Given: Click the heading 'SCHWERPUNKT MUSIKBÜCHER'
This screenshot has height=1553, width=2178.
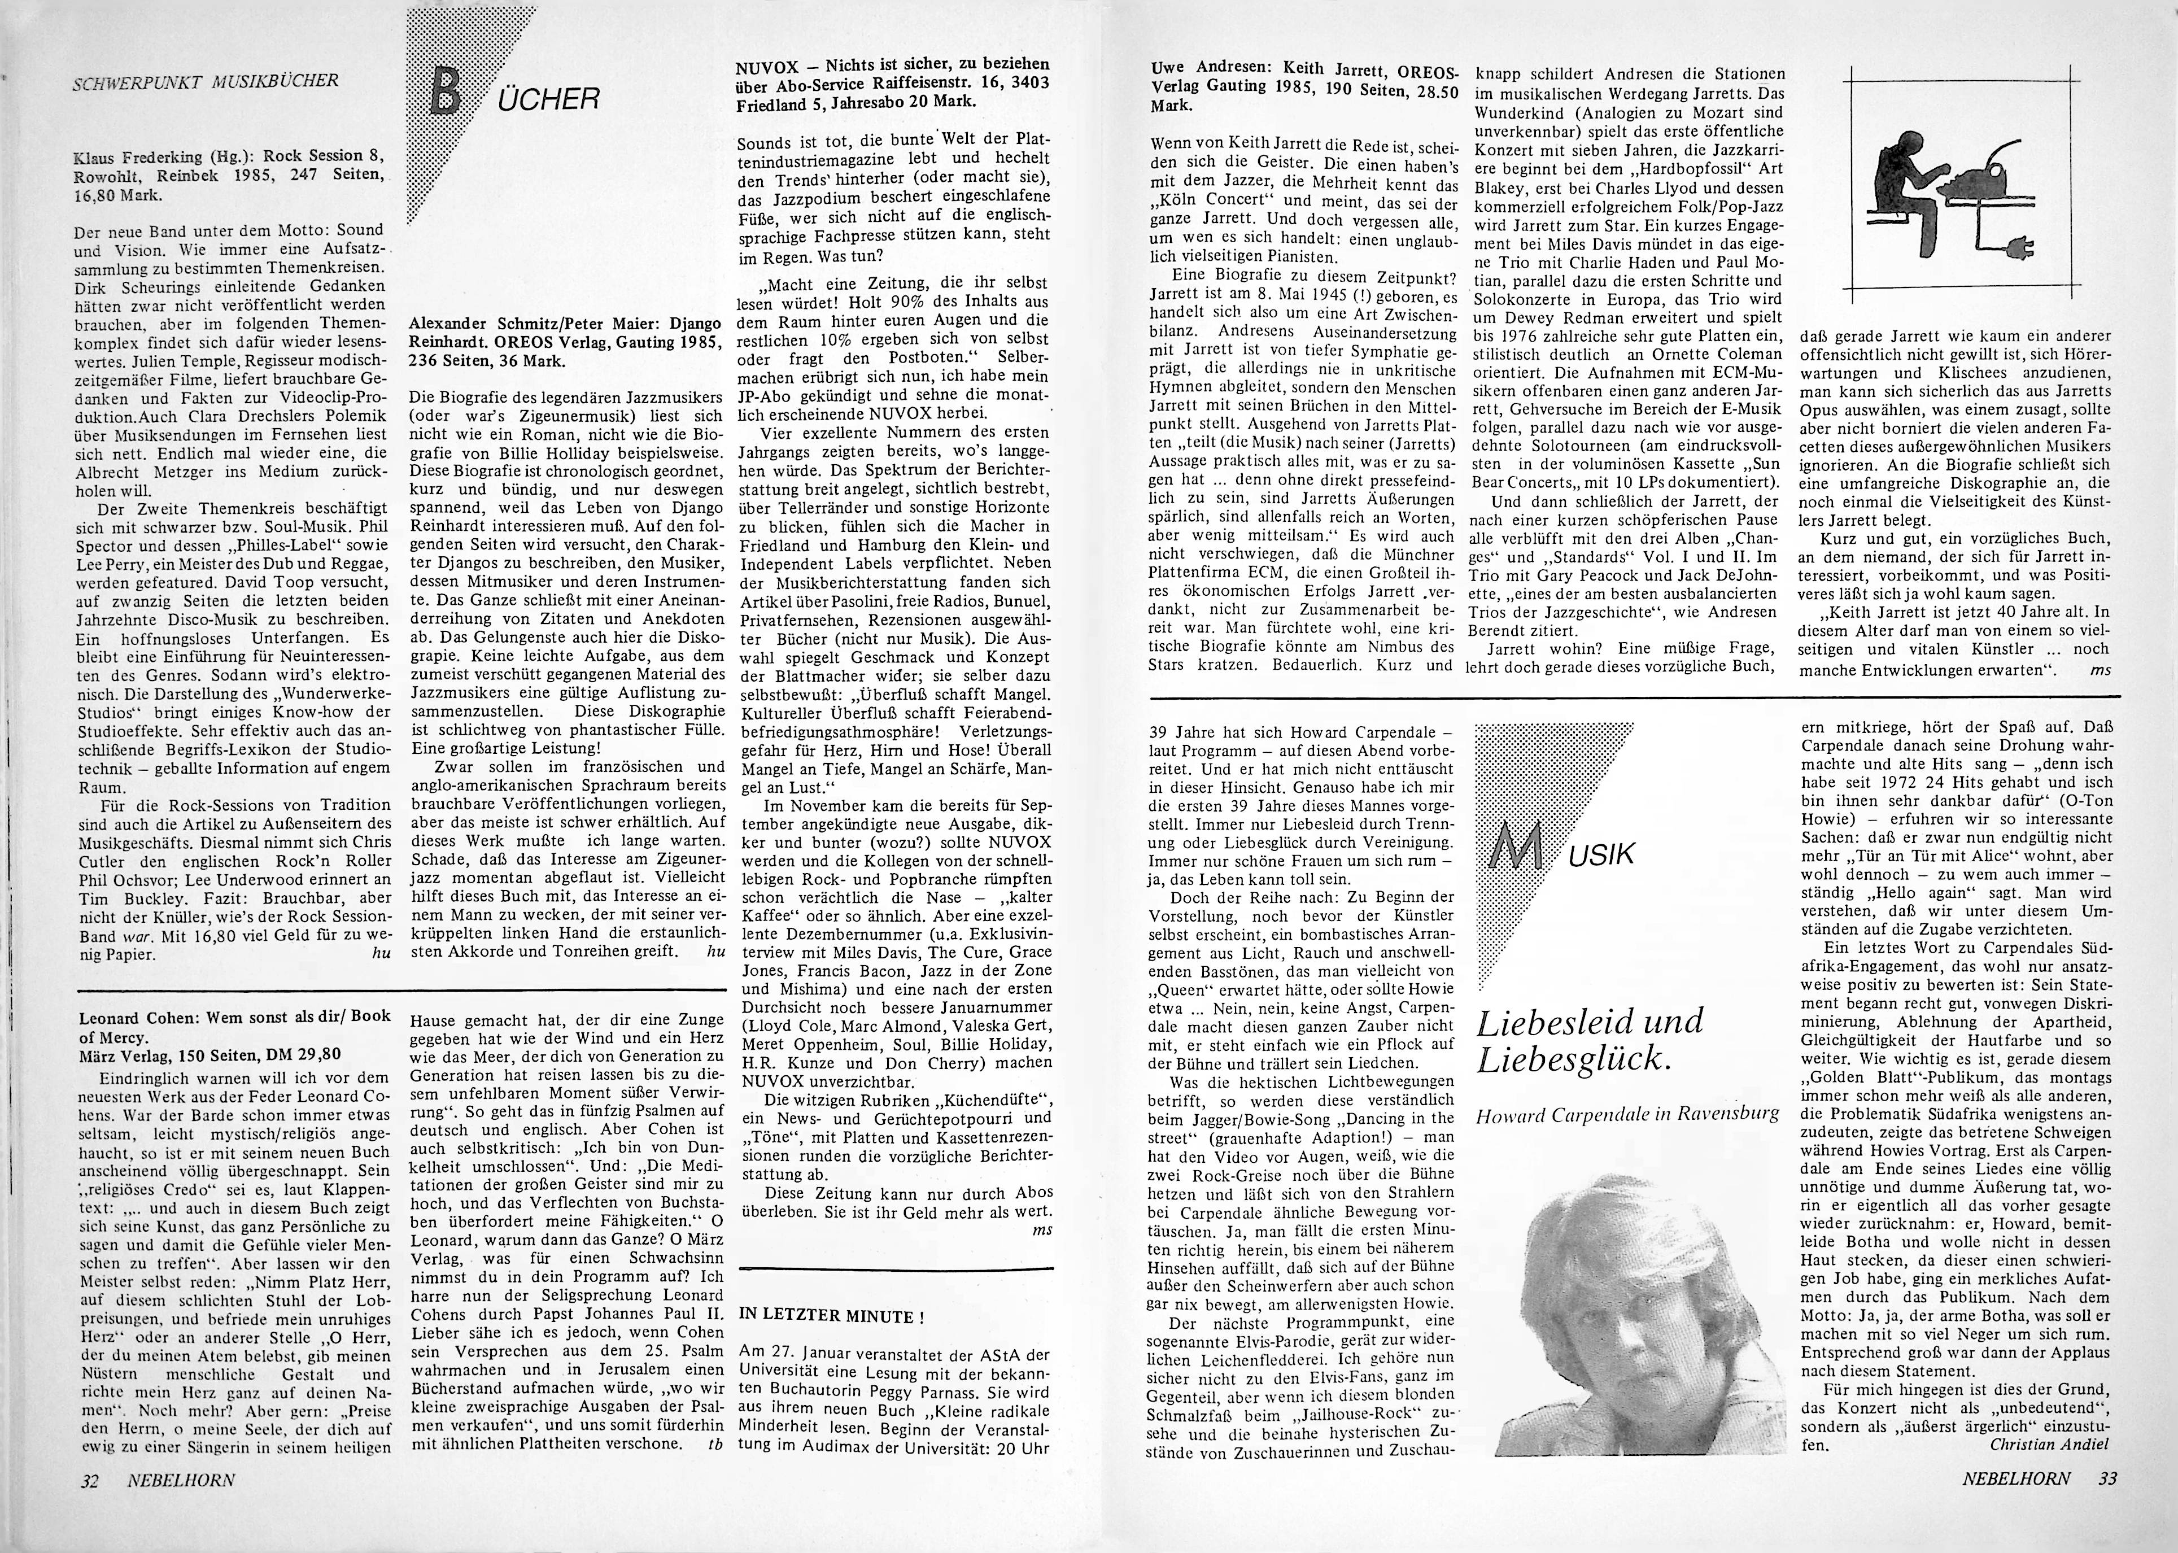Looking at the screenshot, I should tap(206, 81).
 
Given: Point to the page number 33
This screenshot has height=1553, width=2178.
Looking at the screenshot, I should tap(2107, 1504).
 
